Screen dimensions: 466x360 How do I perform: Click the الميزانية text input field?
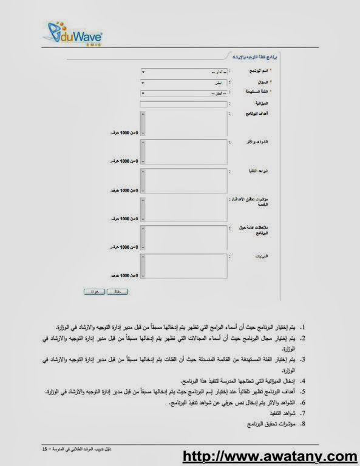click(185, 104)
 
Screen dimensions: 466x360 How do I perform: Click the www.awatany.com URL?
click(270, 456)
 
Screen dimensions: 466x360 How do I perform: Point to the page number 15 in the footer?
click(45, 448)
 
